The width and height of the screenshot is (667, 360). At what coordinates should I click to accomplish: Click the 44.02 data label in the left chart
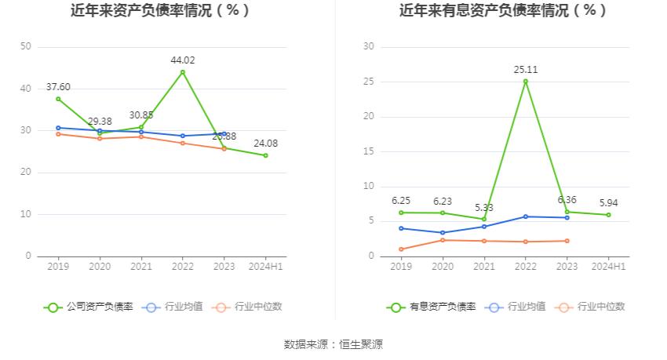(183, 60)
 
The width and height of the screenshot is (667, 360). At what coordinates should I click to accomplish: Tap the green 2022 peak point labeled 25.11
(526, 81)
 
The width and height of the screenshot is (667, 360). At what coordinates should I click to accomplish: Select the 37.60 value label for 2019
(58, 87)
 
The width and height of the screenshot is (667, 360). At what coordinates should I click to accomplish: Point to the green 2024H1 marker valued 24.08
(265, 155)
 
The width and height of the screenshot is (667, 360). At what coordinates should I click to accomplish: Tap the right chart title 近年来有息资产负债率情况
(503, 10)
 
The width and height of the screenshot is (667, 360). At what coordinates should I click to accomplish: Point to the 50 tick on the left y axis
(26, 47)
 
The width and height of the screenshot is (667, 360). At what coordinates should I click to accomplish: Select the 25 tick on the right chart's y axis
(369, 82)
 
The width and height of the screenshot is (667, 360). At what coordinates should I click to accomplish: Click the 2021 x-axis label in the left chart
(141, 267)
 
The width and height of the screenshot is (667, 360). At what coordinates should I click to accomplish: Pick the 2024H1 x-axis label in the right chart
(608, 267)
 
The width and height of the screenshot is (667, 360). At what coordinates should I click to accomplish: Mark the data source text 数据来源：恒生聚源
(333, 344)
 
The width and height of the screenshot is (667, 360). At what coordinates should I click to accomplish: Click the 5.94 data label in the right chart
(608, 203)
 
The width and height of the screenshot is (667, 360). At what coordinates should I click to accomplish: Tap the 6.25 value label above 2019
(401, 201)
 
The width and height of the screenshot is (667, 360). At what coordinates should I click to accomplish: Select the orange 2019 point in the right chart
(401, 249)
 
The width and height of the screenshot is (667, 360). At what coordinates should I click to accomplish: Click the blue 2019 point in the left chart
(58, 128)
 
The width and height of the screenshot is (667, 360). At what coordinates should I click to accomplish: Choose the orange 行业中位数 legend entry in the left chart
(248, 307)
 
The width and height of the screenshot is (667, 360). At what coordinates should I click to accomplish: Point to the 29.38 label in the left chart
(100, 121)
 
